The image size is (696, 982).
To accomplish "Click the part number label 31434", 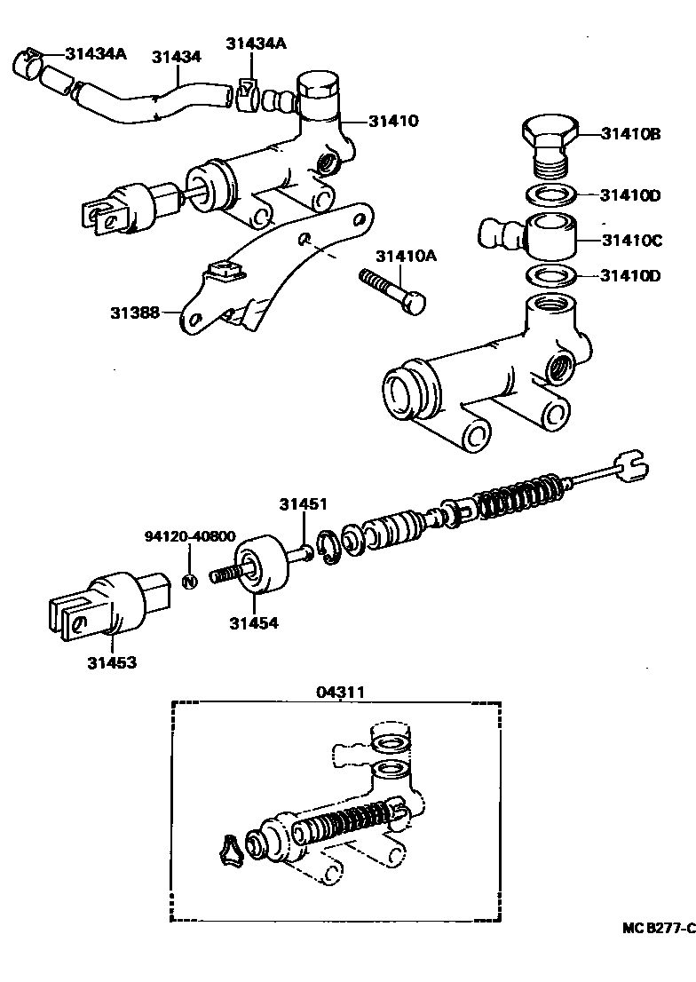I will pos(176,56).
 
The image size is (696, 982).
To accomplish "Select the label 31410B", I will pos(630,135).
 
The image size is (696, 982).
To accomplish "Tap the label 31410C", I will pos(630,240).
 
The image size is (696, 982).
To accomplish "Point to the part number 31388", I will pos(135,312).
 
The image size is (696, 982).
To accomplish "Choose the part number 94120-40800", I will pos(189,536).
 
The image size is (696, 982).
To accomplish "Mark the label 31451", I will pos(304,504).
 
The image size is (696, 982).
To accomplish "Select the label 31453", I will pos(112,661).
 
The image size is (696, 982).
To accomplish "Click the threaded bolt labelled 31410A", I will pos(391,292).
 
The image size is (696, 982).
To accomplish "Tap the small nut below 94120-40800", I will pos(188,581).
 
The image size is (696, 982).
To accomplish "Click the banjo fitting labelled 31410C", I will pos(533,235).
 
